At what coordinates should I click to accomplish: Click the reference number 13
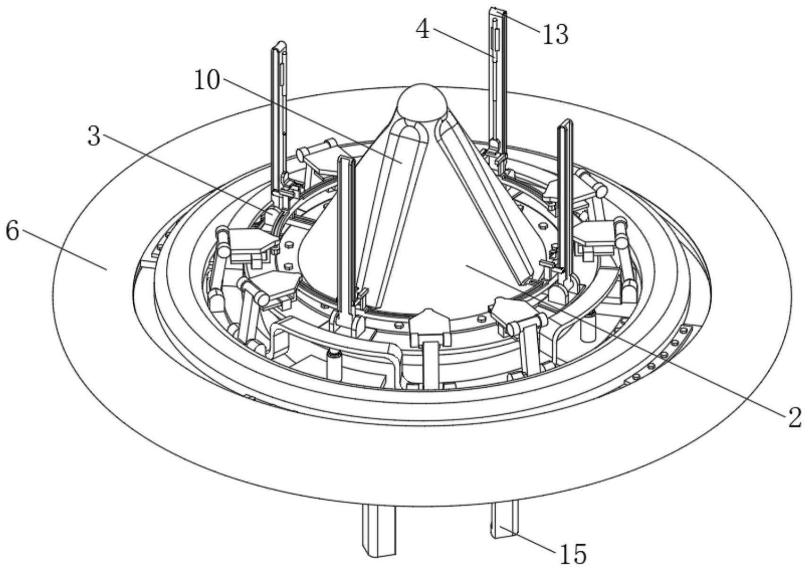(x=555, y=35)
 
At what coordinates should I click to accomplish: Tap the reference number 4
(x=423, y=30)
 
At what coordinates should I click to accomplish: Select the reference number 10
(x=207, y=80)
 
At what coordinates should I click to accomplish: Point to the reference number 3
(x=95, y=137)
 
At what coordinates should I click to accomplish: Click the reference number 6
(x=12, y=231)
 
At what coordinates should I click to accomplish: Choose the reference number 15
(x=573, y=554)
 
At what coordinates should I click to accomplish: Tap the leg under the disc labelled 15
(x=505, y=520)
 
